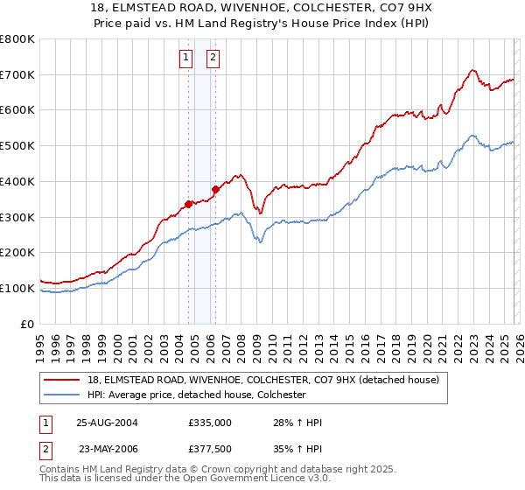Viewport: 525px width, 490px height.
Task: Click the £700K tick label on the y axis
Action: click(x=17, y=74)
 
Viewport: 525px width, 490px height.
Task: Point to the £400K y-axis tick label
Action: click(x=17, y=181)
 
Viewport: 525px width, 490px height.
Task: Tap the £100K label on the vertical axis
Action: click(x=17, y=288)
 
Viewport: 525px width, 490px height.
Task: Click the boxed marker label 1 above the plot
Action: click(x=186, y=59)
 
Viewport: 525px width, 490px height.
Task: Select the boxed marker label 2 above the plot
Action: click(x=213, y=59)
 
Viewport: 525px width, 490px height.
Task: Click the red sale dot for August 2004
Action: click(x=188, y=204)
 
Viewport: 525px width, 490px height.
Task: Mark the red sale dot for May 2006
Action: click(x=215, y=189)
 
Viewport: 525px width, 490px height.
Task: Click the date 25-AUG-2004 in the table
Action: click(x=108, y=423)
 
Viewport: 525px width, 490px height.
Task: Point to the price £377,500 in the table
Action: click(x=210, y=450)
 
